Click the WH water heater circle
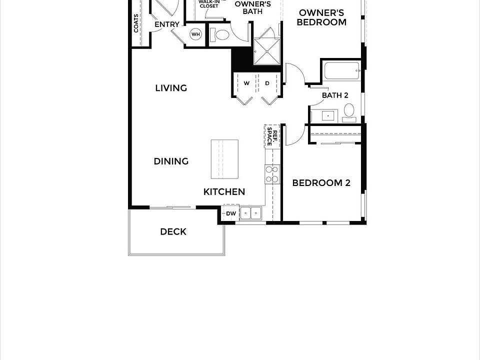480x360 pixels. click(196, 34)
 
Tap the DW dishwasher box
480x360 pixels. click(230, 213)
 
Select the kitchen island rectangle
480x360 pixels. click(224, 158)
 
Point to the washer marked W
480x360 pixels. click(246, 83)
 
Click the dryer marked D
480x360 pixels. click(267, 83)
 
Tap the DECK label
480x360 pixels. click(173, 231)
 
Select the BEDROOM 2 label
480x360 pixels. click(321, 183)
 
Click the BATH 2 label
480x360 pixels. click(334, 95)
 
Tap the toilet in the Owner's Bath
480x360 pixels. click(220, 34)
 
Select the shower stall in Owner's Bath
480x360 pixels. click(267, 51)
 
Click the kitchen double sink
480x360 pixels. click(250, 213)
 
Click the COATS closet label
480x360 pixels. click(136, 22)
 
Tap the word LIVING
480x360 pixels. click(171, 88)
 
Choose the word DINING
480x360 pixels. click(171, 161)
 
